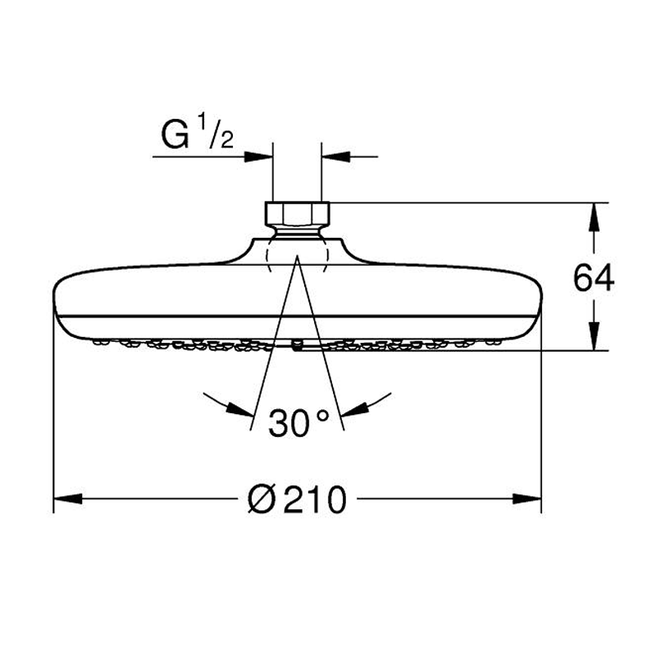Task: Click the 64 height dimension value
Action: coord(594,278)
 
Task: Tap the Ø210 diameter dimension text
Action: coord(297,499)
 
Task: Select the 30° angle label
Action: coord(298,423)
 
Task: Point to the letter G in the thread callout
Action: coord(175,134)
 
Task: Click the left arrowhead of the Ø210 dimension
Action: coord(68,499)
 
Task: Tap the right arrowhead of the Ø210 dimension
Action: coord(527,499)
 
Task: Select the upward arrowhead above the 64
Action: coord(594,216)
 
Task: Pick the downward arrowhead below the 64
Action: coord(594,335)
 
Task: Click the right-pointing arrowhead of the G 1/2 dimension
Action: coord(258,157)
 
